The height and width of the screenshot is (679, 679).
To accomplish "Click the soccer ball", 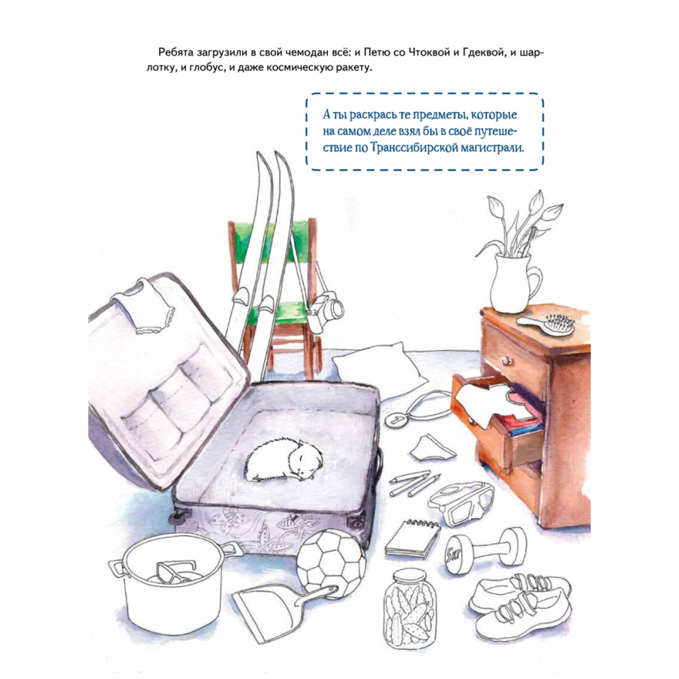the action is coord(331,563).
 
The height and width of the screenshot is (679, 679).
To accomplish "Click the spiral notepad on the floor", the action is coord(413,538).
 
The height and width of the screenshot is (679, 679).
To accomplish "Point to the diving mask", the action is coord(461,502).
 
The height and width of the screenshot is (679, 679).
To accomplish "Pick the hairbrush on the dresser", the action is coord(546,325).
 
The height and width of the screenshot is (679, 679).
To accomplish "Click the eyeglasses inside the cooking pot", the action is coord(174,572).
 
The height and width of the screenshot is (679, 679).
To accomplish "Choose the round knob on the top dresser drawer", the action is coord(505,360).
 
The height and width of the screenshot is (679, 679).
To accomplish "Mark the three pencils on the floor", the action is coord(415,482).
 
